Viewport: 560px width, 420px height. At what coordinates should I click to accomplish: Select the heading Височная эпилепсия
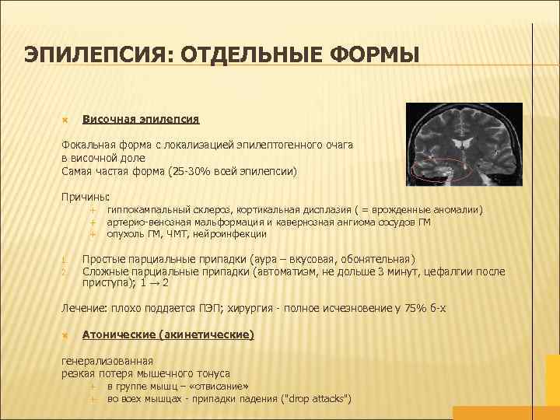pyautogui.click(x=141, y=120)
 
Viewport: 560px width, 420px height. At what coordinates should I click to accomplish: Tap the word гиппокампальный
pyautogui.click(x=150, y=210)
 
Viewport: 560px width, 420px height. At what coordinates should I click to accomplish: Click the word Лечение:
pyautogui.click(x=85, y=309)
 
